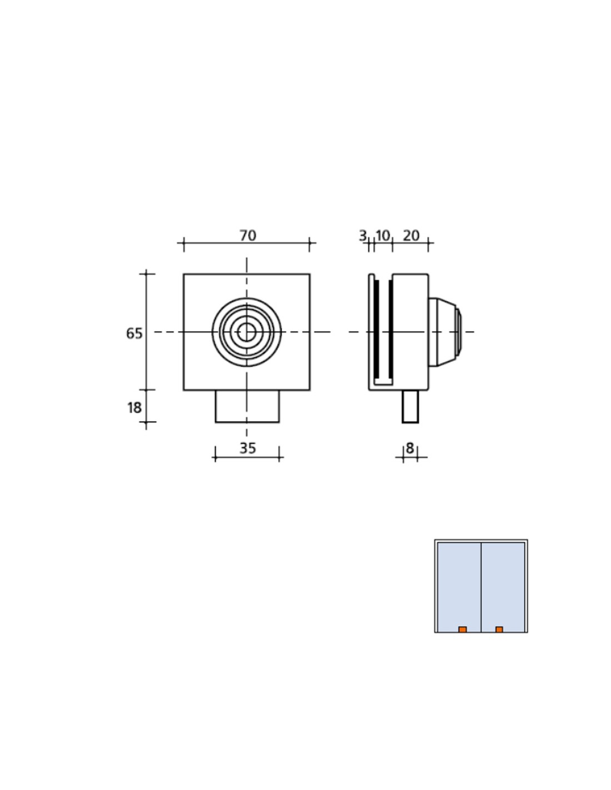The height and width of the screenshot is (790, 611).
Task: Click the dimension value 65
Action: pos(134,333)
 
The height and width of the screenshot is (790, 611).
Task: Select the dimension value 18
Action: pos(134,408)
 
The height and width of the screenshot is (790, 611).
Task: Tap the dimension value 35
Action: pos(248,448)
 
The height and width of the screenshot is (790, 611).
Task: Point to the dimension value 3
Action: pos(362,236)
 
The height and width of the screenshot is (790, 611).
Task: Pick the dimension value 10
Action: pos(382,236)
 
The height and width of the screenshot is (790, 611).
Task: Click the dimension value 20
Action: pos(411,236)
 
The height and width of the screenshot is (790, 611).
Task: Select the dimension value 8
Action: pos(409,448)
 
